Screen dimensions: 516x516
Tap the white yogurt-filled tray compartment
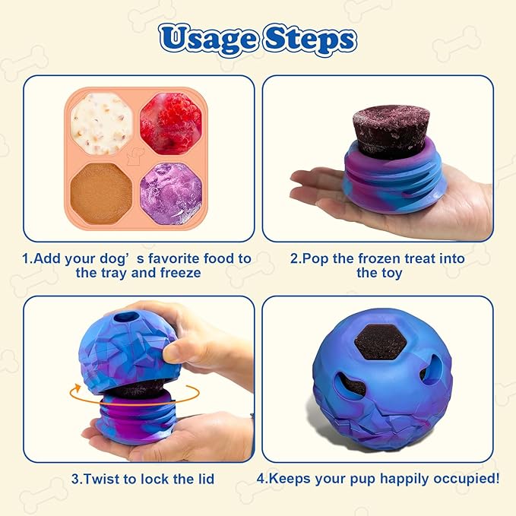tap(102, 122)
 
